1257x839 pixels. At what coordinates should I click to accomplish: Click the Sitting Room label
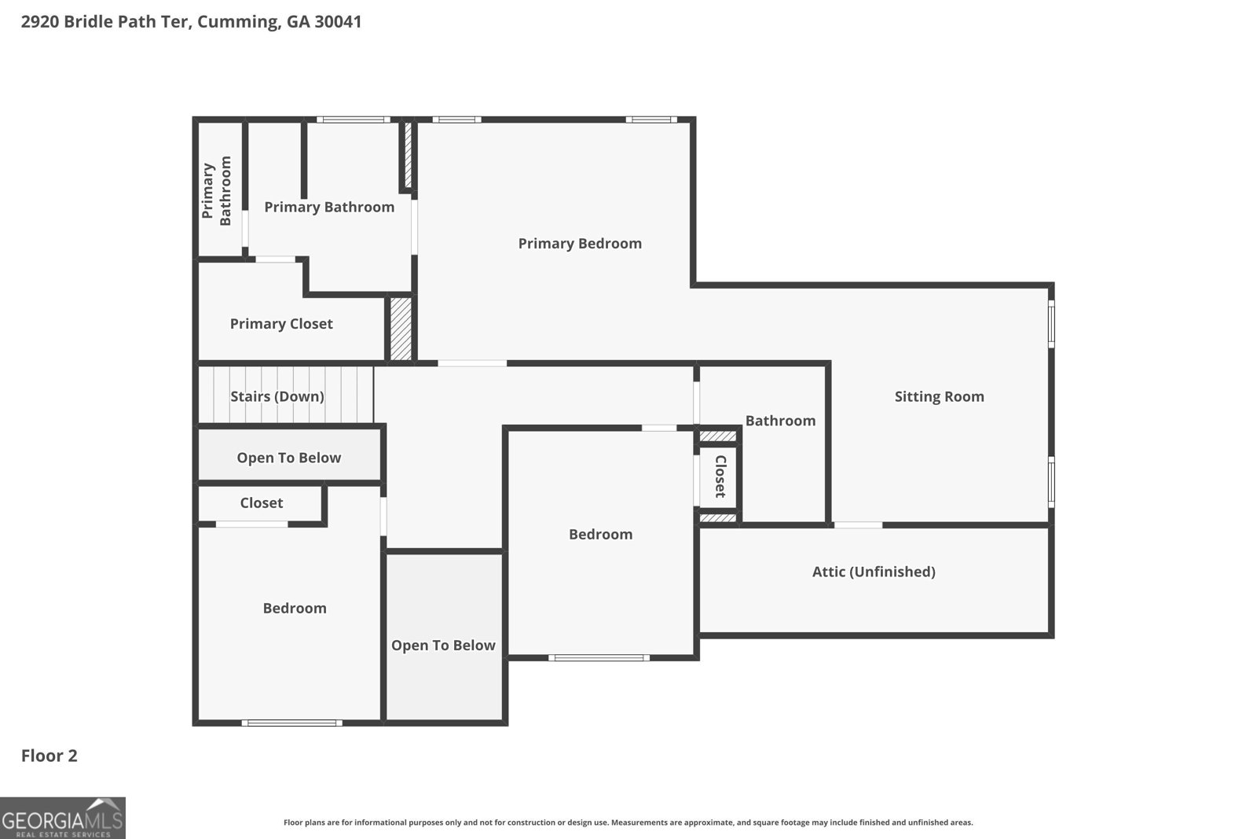point(939,396)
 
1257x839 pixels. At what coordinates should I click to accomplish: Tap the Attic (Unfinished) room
point(874,572)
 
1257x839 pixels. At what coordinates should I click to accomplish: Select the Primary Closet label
point(280,324)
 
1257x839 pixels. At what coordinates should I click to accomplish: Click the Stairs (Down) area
point(277,396)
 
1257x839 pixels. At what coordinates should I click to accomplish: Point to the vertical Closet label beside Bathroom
point(720,477)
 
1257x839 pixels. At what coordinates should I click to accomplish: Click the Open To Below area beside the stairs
point(288,458)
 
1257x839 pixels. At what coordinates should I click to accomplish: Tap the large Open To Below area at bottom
point(443,646)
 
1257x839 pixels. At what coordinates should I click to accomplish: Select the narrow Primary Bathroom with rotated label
point(218,191)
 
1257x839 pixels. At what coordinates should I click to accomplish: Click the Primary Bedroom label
point(579,244)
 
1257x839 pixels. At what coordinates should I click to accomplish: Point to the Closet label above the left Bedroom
point(261,503)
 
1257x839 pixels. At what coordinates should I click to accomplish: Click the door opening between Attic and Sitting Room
point(857,524)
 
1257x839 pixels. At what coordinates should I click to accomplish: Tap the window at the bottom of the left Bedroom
point(291,723)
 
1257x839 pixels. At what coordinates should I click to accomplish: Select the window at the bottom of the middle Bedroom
point(599,657)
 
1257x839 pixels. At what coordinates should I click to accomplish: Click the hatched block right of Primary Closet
point(401,329)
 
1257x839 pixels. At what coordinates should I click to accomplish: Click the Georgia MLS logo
point(63,818)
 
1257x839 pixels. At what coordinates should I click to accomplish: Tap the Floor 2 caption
point(49,756)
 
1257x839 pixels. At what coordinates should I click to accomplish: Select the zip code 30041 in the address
point(338,21)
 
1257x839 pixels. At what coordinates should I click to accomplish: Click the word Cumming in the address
point(236,21)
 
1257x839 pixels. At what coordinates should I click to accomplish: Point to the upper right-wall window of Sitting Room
point(1051,323)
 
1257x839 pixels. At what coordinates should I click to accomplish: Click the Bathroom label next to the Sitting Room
point(779,421)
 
